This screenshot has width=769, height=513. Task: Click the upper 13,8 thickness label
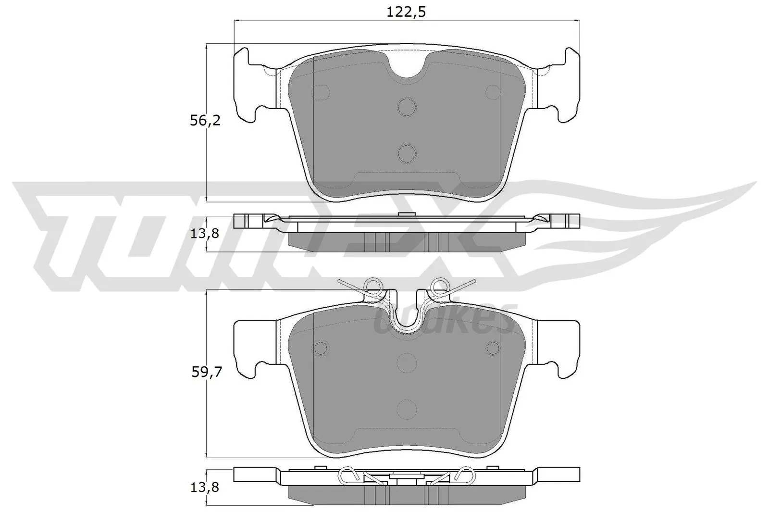click(x=205, y=234)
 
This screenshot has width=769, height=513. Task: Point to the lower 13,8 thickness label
click(x=205, y=487)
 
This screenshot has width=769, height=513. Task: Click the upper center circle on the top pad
click(x=407, y=107)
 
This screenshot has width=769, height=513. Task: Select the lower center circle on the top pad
click(x=407, y=153)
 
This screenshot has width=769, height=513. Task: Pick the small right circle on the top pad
click(x=493, y=91)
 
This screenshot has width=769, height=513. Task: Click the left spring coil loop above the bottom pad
click(x=373, y=287)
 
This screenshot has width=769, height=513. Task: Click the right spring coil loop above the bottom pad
click(x=439, y=287)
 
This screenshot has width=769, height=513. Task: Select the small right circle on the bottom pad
click(x=493, y=347)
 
